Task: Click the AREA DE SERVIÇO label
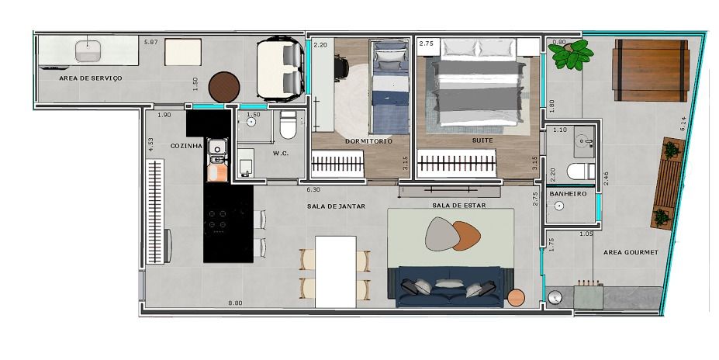pos(90,78)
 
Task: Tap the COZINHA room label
pos(186,146)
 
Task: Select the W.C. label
pos(281,153)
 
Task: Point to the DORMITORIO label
pos(368,141)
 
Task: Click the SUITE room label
pos(482,140)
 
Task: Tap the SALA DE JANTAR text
pos(336,206)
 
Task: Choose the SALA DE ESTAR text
pos(459,206)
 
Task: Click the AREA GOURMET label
pos(631,252)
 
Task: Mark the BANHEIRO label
pos(568,194)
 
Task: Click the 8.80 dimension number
pos(235,303)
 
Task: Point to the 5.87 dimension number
pos(151,42)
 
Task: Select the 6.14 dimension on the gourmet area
pos(683,124)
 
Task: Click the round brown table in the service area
pos(224,87)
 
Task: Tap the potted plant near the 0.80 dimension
pos(572,54)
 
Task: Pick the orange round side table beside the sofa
pos(516,298)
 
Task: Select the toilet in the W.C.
pos(289,125)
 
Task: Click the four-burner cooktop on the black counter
pos(217,220)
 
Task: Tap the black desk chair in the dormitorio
pos(341,67)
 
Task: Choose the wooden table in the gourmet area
pos(651,70)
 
